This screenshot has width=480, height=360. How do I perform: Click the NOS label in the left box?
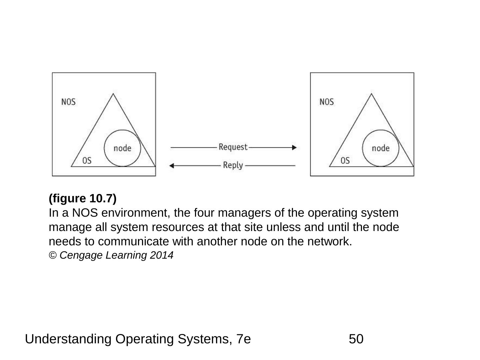68,102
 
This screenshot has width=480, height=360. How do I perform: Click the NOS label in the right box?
327,102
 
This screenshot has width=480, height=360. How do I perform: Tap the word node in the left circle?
122,148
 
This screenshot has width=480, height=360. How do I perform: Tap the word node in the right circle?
380,148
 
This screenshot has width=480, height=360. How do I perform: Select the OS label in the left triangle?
87,161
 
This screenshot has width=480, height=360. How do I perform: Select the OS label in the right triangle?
345,161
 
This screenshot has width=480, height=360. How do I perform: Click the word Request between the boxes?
233,147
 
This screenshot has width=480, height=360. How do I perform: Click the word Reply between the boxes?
233,165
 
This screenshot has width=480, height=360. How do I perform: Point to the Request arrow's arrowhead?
294,147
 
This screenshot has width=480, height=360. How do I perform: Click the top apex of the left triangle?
113,94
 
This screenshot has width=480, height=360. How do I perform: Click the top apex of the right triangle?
371,94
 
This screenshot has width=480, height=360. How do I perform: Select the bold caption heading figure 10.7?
83,198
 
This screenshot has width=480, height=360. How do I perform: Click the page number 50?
356,339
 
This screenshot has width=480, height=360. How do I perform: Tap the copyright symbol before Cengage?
53,255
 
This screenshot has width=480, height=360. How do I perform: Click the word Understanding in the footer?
68,339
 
